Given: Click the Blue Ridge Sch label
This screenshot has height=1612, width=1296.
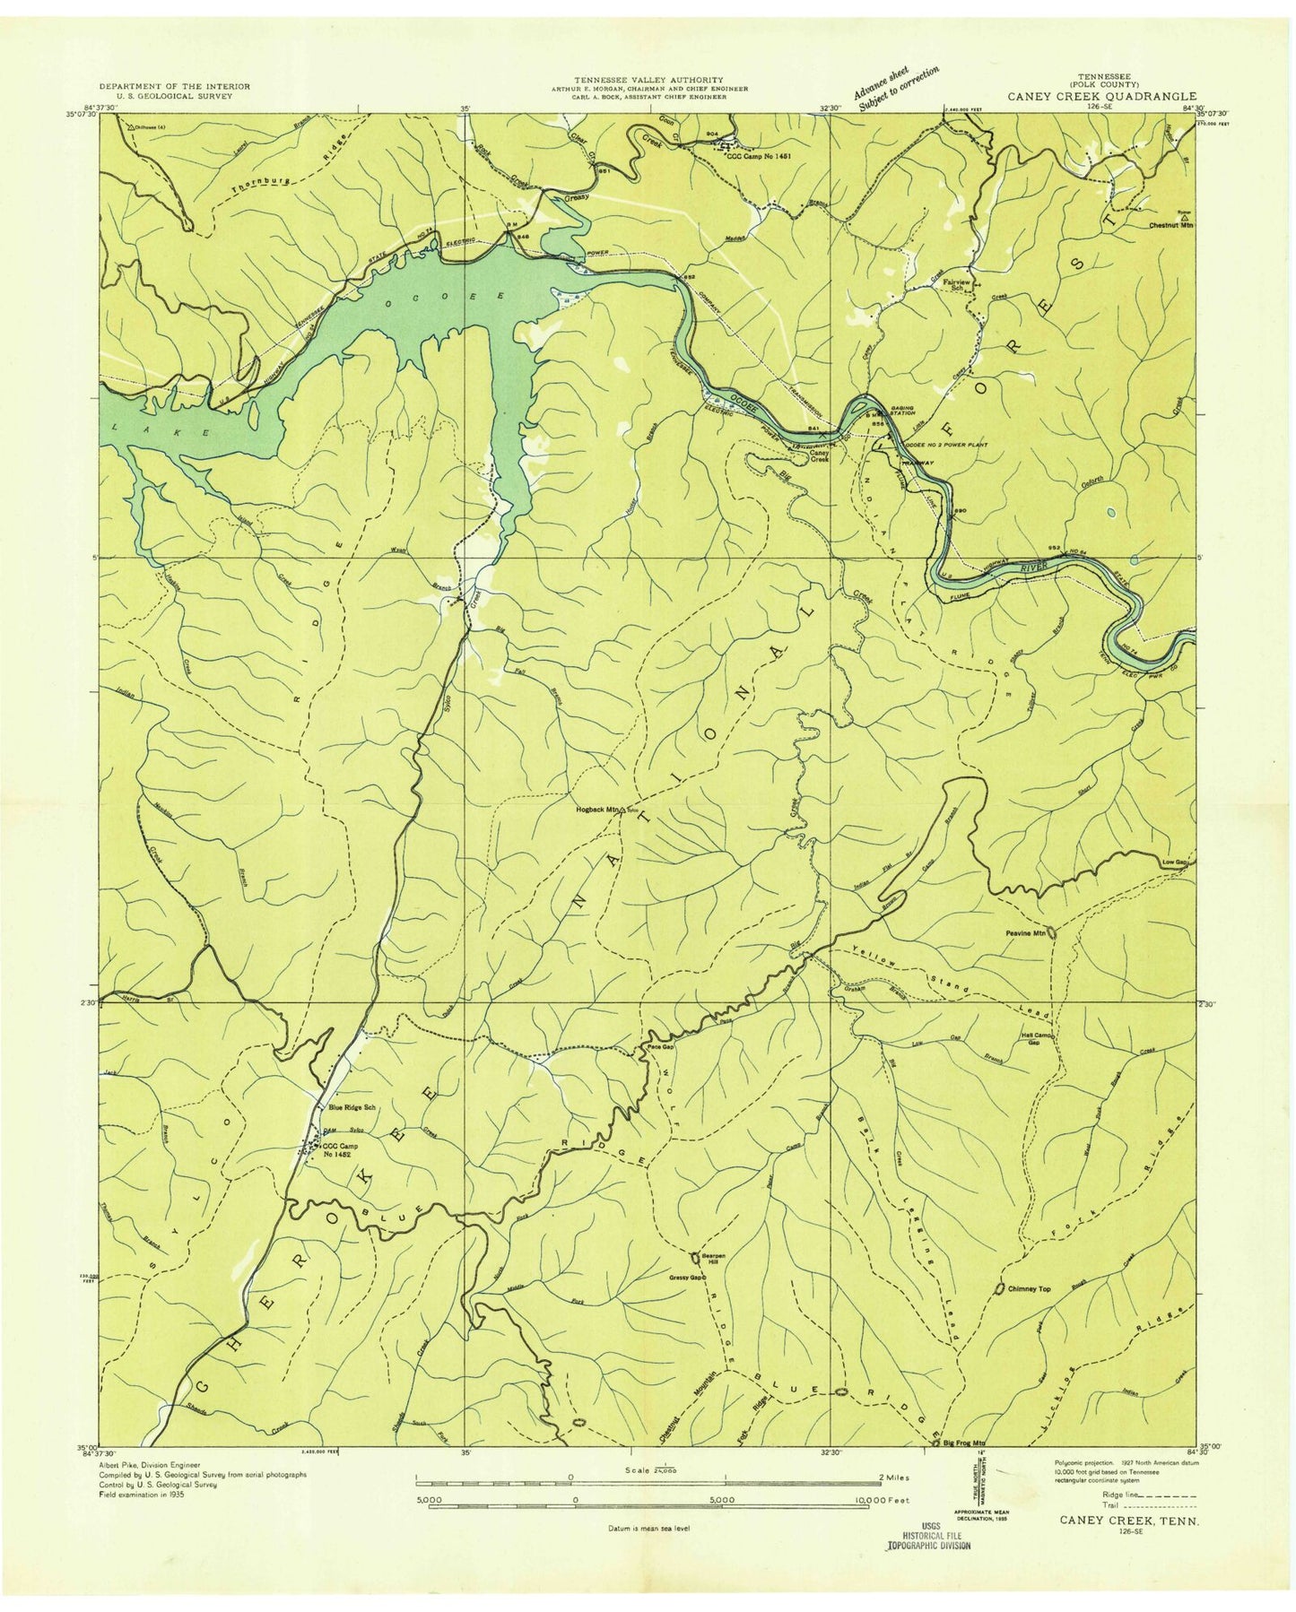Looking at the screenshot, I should tap(352, 1108).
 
